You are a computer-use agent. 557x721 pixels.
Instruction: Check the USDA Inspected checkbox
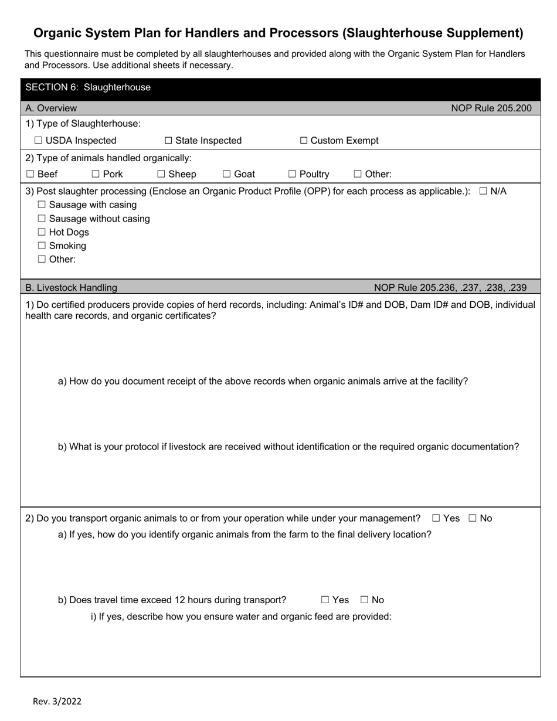tap(39, 141)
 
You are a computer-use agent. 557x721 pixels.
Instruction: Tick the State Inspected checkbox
tap(168, 141)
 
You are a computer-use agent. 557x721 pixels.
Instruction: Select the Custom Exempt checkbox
tap(304, 141)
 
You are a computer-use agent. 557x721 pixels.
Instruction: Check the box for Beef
tap(30, 174)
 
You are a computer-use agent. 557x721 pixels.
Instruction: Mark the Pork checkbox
tap(96, 174)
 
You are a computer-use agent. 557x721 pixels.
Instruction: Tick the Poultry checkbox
tap(292, 174)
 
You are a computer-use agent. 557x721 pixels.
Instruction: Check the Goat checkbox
tap(227, 174)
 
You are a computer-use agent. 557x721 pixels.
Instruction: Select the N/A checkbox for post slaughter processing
tap(483, 192)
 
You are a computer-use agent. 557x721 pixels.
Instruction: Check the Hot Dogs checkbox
tap(42, 232)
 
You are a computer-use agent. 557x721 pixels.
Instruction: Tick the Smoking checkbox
tap(42, 246)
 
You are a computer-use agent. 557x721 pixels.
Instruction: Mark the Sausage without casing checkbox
tap(42, 219)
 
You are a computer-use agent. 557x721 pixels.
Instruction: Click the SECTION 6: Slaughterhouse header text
tap(88, 87)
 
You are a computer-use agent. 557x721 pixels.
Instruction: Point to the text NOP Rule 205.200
tap(491, 108)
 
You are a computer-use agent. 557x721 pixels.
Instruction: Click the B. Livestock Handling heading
tap(71, 288)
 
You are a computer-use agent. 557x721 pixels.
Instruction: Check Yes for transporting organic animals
tap(436, 518)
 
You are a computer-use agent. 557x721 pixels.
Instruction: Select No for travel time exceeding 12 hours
tap(365, 600)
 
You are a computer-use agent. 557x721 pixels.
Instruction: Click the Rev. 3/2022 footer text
tap(57, 701)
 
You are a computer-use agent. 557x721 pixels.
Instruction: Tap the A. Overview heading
tap(51, 108)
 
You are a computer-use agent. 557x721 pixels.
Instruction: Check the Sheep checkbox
tap(161, 174)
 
